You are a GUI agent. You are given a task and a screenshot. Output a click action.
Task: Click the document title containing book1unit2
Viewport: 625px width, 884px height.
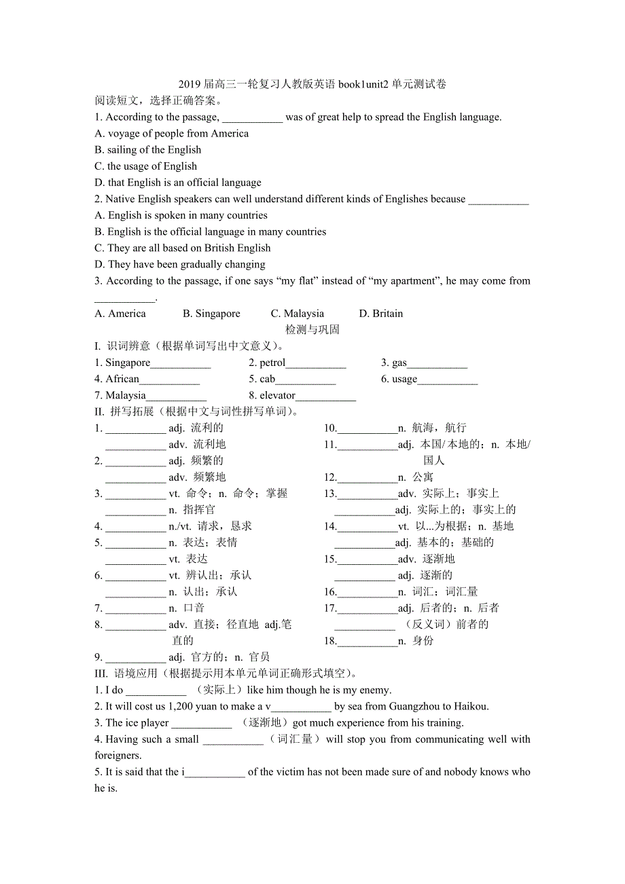point(312,84)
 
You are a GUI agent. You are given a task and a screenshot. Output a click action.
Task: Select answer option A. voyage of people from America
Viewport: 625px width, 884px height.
point(172,134)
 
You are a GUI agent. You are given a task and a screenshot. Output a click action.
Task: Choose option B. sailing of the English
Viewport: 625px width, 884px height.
point(148,150)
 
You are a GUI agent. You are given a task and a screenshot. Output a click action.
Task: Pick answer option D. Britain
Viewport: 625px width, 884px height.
point(380,314)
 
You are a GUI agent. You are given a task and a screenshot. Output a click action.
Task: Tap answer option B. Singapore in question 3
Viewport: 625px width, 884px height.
point(211,314)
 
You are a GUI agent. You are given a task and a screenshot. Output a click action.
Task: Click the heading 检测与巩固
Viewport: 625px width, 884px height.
point(312,330)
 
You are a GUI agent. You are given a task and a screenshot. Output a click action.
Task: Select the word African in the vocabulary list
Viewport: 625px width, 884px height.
point(122,380)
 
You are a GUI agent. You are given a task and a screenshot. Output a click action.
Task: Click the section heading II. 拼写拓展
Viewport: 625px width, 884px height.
point(197,411)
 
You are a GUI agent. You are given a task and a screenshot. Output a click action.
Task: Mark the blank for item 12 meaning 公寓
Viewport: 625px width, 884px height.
point(367,479)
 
